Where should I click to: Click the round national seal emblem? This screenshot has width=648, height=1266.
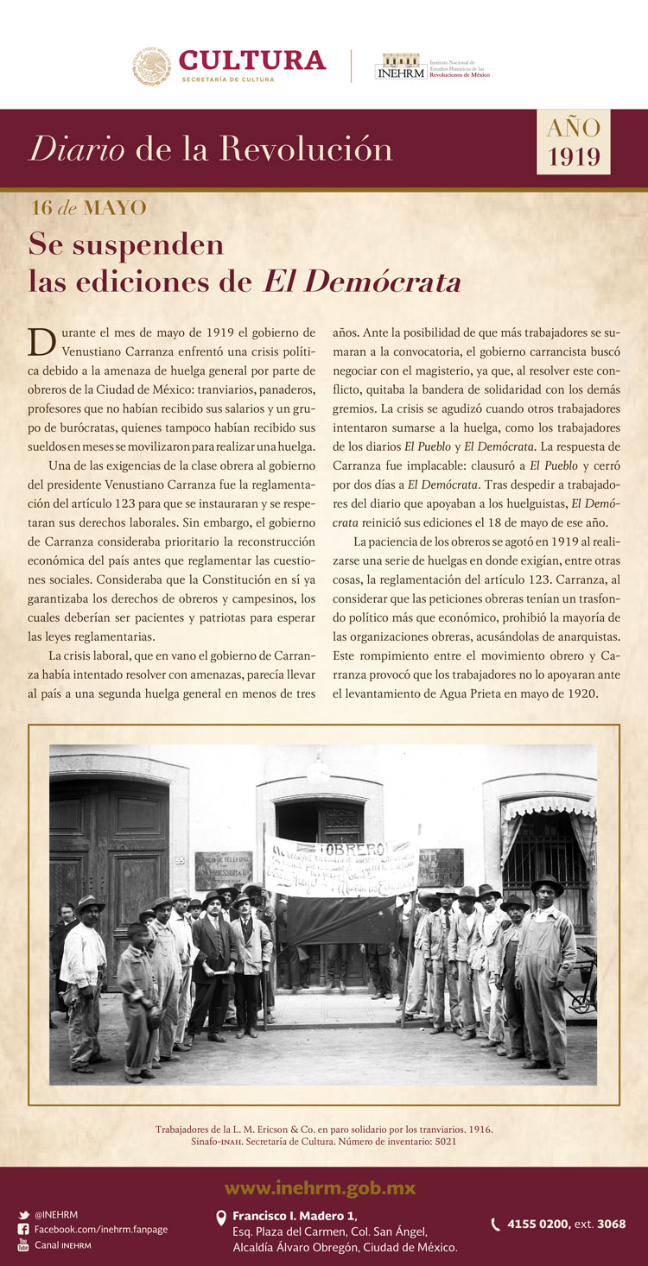152,66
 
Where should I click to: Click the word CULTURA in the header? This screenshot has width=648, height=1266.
252,60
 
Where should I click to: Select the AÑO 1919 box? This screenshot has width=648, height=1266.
573,142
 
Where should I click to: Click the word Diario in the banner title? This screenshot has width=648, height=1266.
76,149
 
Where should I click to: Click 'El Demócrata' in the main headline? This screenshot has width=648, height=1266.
362,282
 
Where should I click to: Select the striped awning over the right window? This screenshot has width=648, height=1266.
549,808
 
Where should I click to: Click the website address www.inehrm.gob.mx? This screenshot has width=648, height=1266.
320,1189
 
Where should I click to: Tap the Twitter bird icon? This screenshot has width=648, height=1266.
23,1214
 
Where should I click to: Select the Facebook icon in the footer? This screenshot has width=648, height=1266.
23,1229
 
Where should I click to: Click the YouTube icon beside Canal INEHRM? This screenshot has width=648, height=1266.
23,1244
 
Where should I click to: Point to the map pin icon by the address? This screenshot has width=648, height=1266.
220,1217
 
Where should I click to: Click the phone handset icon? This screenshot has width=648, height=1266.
495,1224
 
